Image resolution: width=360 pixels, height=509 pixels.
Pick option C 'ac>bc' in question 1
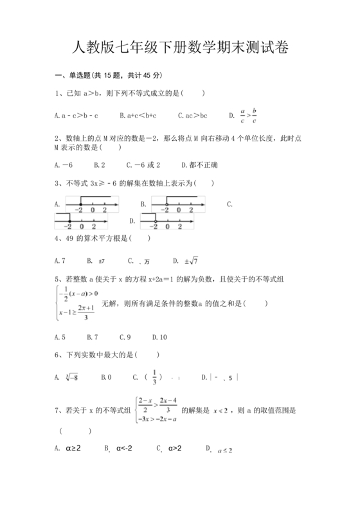193,116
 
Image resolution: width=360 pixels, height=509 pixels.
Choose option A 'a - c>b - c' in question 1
77,116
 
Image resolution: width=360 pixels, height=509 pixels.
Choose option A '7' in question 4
62,260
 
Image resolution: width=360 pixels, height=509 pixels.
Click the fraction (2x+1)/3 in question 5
85,311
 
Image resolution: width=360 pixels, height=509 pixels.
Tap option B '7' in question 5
92,337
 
